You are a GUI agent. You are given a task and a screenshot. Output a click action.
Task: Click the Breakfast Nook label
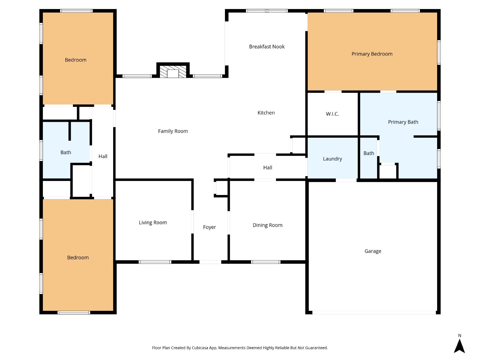click(x=267, y=46)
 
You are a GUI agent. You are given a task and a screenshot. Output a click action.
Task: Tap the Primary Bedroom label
click(x=372, y=54)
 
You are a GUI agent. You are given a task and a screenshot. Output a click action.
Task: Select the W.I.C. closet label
click(x=332, y=114)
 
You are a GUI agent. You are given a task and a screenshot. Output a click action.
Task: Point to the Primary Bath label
click(x=403, y=122)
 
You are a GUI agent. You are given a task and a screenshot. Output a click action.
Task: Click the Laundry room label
click(x=332, y=159)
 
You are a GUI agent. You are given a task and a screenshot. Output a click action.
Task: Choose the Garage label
click(x=373, y=251)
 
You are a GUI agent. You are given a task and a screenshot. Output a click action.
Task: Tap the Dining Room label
click(x=267, y=225)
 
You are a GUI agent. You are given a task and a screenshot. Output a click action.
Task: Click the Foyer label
click(x=209, y=227)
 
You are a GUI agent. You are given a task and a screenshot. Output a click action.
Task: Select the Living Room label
click(x=153, y=223)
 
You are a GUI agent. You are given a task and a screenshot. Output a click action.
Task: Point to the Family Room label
click(x=173, y=131)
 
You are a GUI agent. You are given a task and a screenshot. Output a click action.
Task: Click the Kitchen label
click(x=266, y=113)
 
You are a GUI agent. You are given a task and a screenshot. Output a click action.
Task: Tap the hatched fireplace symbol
click(x=173, y=71)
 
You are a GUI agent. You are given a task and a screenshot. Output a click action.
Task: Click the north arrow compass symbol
click(x=459, y=346)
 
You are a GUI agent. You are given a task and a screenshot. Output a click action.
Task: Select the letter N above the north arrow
click(x=459, y=335)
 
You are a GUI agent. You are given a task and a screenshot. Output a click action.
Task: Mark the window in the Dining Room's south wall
click(x=265, y=262)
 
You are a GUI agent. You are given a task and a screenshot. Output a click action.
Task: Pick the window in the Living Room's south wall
click(x=155, y=262)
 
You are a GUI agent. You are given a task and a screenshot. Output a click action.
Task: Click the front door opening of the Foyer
click(x=210, y=262)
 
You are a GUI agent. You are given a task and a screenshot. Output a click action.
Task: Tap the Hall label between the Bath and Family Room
click(x=103, y=157)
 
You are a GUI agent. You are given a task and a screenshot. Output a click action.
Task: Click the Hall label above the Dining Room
click(x=267, y=168)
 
